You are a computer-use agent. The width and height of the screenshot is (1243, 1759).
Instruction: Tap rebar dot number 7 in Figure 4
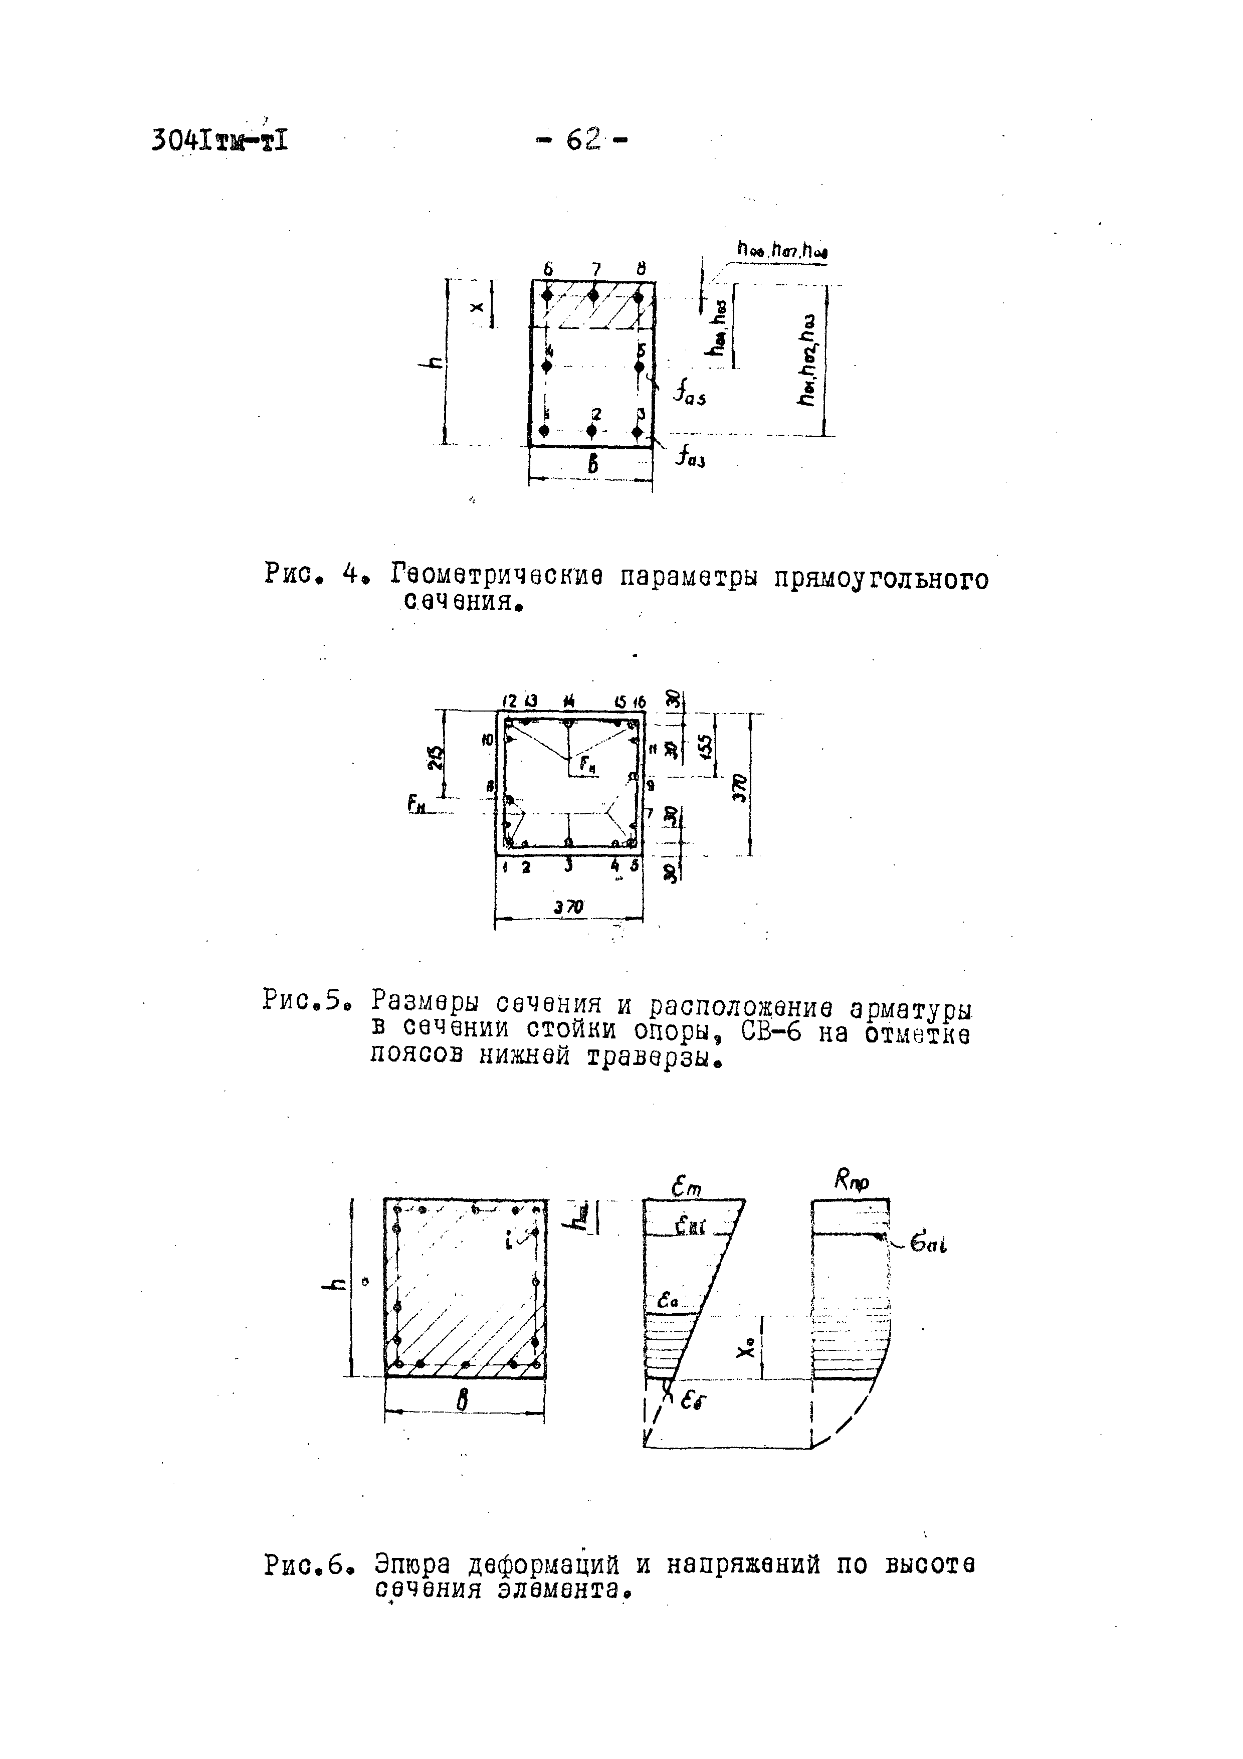[x=593, y=295]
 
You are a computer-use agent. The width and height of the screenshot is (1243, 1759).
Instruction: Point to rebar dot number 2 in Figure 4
[x=592, y=431]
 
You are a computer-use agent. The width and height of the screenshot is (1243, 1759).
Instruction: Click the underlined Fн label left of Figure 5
[x=417, y=804]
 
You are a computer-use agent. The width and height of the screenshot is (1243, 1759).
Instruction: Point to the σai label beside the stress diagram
[x=929, y=1247]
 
